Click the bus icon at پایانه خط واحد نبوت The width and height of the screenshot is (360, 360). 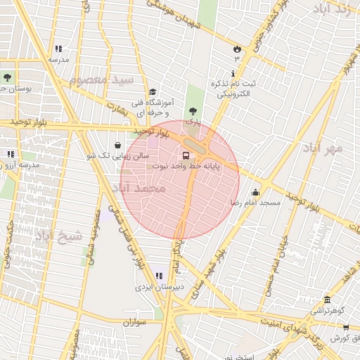[186, 155]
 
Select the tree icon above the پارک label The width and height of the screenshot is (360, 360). [193, 110]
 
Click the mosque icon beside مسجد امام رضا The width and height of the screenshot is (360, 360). [255, 192]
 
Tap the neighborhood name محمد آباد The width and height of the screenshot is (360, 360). [139, 188]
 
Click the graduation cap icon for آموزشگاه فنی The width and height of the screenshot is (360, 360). [153, 91]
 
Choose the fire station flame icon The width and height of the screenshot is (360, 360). [237, 49]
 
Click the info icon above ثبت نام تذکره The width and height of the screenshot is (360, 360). [233, 73]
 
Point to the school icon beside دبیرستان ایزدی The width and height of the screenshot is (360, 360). [159, 276]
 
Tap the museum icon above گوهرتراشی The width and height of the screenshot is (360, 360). [326, 299]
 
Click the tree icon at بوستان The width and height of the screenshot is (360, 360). [7, 77]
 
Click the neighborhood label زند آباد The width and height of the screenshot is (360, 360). [333, 10]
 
